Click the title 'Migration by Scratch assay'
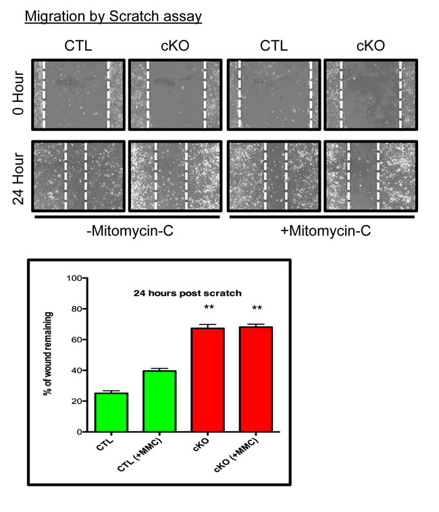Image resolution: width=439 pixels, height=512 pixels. pyautogui.click(x=113, y=16)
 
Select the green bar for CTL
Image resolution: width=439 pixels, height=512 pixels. pyautogui.click(x=111, y=412)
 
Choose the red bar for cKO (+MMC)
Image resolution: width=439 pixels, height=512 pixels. pyautogui.click(x=257, y=379)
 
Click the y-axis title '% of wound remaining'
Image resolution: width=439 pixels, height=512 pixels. pyautogui.click(x=49, y=355)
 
